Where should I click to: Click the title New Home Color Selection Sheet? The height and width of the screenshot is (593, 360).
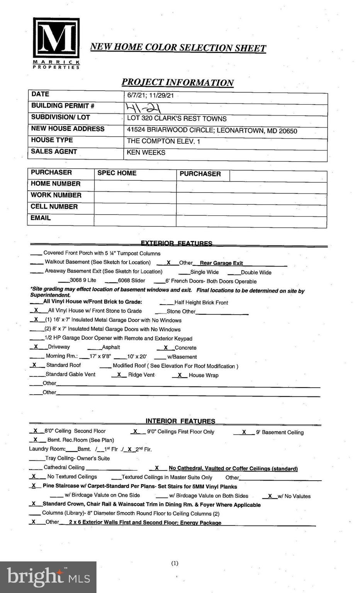[178, 47]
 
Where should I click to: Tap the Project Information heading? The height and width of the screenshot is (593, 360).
[178, 82]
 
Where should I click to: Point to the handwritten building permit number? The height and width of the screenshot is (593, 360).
[143, 107]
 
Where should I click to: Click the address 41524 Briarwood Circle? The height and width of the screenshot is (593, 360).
[212, 130]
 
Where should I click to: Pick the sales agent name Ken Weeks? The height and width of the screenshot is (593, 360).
[146, 152]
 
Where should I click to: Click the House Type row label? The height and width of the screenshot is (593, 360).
[52, 140]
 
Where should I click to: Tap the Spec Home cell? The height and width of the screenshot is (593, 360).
[117, 173]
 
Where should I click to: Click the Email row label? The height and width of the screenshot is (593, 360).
[41, 218]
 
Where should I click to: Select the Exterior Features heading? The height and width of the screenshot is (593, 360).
[177, 243]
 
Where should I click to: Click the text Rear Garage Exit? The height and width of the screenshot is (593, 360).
[221, 263]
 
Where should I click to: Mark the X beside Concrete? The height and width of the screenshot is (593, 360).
[166, 347]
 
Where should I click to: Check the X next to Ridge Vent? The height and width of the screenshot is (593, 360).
[119, 374]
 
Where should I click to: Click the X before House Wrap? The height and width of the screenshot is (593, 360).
[180, 375]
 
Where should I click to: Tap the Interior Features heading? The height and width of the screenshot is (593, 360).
[180, 421]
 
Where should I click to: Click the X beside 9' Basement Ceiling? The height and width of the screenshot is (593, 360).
[244, 432]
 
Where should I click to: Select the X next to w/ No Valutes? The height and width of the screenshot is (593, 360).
[270, 496]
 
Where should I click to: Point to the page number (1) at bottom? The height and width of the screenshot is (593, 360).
[175, 563]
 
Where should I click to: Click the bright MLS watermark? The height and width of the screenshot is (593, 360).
[48, 577]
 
